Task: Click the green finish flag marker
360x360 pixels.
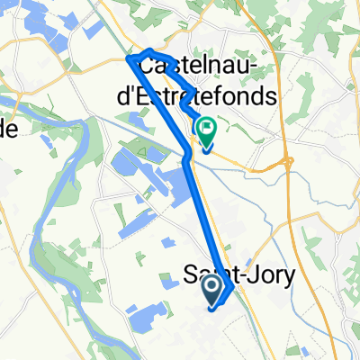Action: coord(206,133)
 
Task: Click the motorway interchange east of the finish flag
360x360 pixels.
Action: coord(287,162)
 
